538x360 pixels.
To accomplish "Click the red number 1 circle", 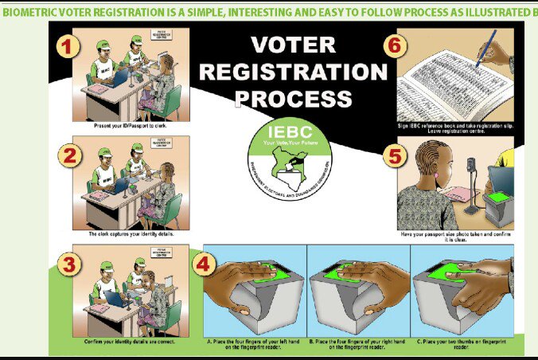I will tap(69, 47).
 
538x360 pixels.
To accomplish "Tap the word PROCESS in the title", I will tap(294, 99).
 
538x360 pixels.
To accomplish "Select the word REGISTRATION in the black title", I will tap(293, 72).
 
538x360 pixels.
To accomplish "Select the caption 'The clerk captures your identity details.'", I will tap(131, 234).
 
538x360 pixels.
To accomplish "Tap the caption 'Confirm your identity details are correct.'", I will tap(131, 342).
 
